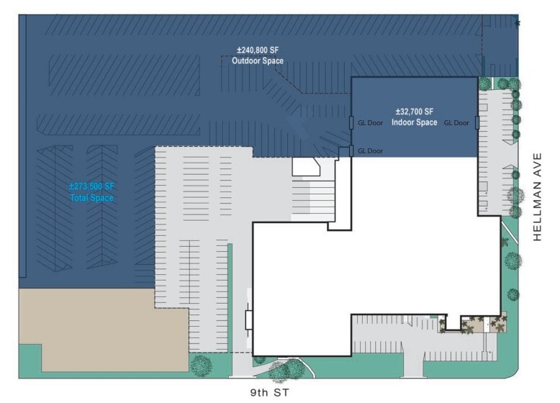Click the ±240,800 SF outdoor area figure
pos(257,50)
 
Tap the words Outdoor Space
pos(257,61)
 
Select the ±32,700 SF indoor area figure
pos(415,112)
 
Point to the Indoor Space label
pos(415,122)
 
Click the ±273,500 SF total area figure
pos(91,186)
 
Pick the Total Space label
pos(91,197)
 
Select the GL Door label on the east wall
pos(456,123)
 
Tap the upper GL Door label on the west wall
pos(371,123)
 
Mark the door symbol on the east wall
pos(477,122)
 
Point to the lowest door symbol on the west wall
pos(351,150)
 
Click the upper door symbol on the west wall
pos(351,122)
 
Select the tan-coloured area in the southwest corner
pos(101,327)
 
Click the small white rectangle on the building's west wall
pos(249,320)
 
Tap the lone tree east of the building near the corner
pos(513,294)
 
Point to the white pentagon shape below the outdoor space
pos(306,166)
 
